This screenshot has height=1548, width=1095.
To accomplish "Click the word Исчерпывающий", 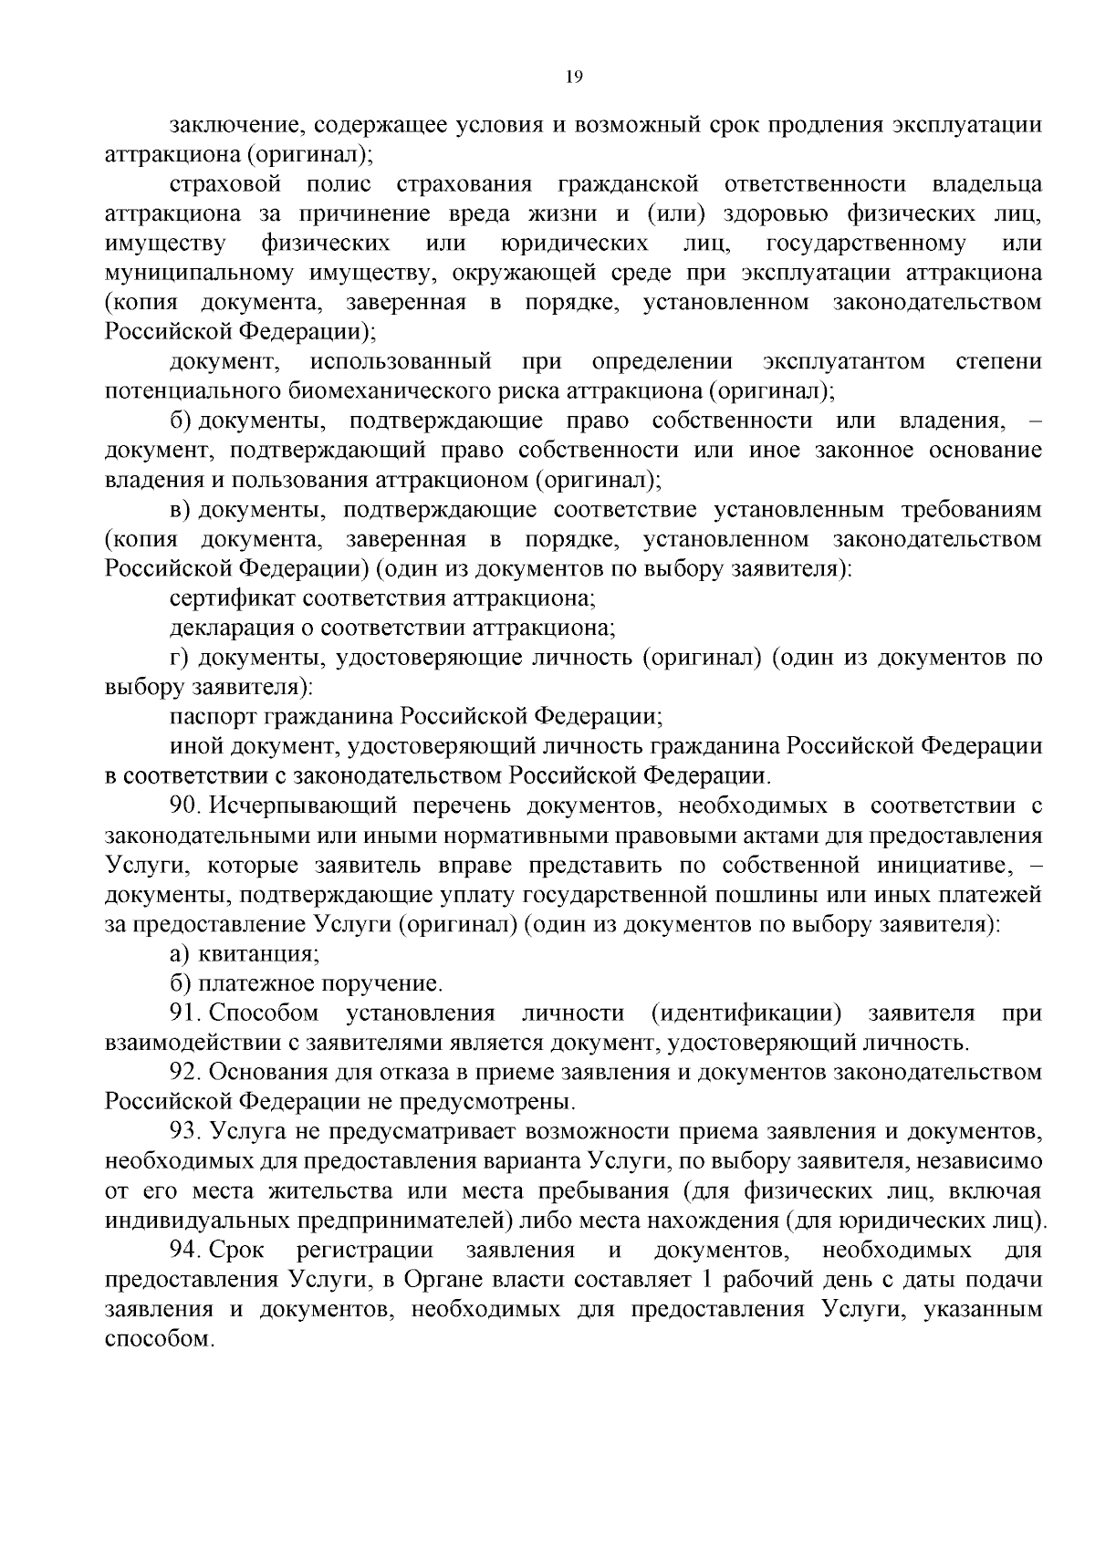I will (x=298, y=805).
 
